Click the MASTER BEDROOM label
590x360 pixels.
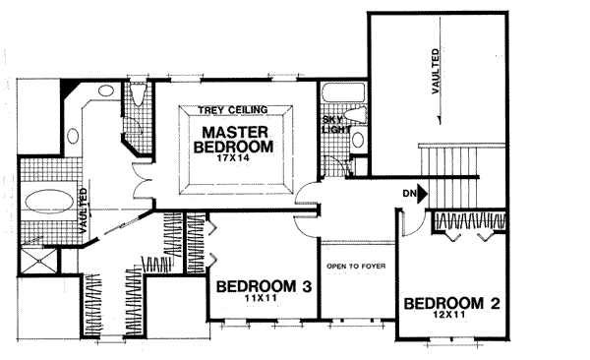coord(233,140)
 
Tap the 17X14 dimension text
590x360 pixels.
coord(233,158)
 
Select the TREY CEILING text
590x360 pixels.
coord(232,110)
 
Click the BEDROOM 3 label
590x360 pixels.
coord(264,287)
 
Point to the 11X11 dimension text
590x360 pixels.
coord(261,299)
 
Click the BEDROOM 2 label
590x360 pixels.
coord(452,304)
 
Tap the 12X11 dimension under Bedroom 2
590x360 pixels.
coord(448,315)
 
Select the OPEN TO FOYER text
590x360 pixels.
coord(356,267)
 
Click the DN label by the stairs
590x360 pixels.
coord(409,194)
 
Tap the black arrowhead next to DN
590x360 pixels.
coord(422,194)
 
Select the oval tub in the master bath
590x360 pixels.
coord(49,202)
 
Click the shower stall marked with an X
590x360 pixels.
coord(37,261)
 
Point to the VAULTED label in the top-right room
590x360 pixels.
coord(436,71)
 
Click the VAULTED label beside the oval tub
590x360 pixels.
coord(84,210)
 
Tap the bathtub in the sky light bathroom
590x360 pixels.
coord(343,92)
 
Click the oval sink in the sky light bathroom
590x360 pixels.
coord(358,140)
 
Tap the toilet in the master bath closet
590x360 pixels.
coord(138,94)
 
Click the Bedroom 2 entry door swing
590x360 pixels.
coord(412,223)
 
